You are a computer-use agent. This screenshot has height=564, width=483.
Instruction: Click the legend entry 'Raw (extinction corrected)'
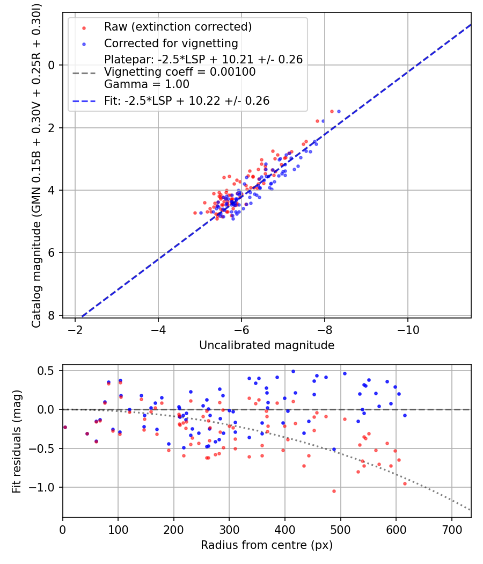(177, 27)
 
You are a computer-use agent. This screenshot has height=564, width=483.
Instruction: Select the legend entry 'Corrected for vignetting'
(171, 43)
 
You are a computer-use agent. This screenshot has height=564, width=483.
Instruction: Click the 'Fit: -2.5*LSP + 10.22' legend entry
(187, 100)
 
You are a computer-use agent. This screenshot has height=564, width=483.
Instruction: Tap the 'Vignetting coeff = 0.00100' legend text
(180, 71)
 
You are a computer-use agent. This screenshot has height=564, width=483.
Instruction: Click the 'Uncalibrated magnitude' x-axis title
(267, 345)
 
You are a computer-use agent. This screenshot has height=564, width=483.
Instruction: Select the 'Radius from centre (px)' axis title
(267, 545)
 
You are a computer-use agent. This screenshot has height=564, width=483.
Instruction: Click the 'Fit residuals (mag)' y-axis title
(17, 442)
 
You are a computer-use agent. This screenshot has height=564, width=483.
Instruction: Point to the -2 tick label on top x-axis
(75, 328)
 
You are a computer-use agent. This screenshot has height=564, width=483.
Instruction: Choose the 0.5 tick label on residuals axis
(49, 371)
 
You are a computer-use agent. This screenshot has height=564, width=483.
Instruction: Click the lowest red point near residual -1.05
(334, 491)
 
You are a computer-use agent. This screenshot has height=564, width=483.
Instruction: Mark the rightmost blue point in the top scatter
(339, 112)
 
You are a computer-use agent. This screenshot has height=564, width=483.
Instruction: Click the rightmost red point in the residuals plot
(405, 483)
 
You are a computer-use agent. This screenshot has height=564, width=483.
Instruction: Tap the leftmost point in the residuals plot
(65, 427)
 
